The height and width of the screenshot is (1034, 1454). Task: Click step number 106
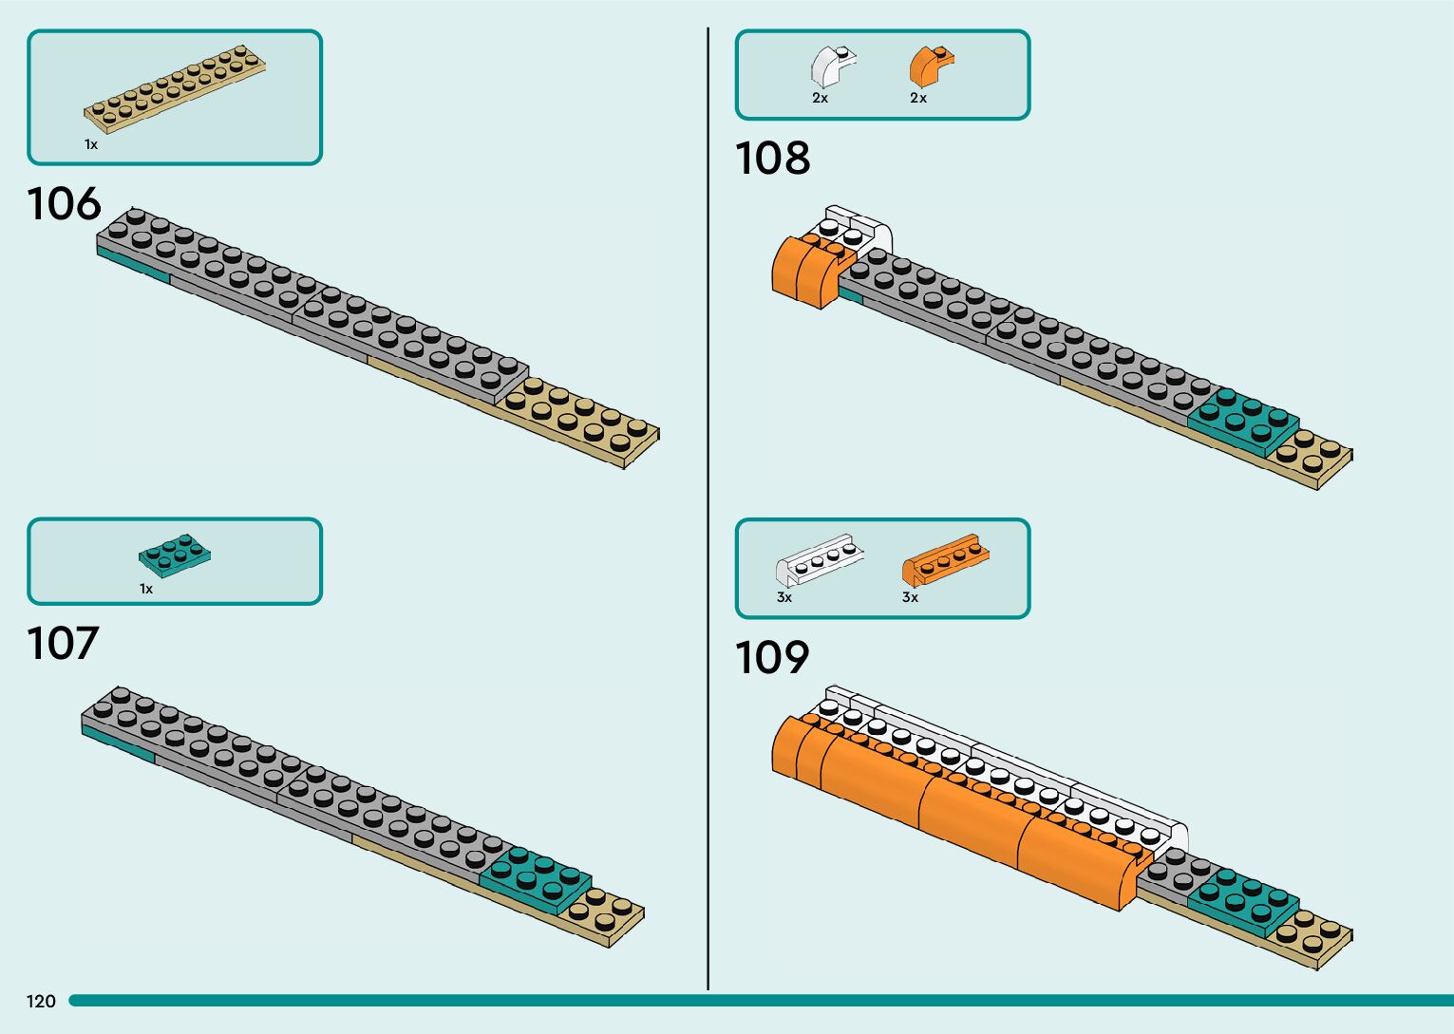(64, 204)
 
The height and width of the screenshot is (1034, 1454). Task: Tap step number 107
(63, 644)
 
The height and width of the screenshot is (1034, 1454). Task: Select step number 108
(772, 159)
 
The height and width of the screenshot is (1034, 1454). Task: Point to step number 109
(772, 657)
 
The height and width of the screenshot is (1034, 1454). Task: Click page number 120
(41, 1001)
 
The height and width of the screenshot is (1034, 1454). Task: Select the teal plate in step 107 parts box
(174, 555)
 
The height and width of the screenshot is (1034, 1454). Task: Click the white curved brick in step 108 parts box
(832, 66)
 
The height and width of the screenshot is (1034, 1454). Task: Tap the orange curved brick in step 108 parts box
(931, 66)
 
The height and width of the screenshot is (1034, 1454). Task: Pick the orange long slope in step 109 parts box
(945, 560)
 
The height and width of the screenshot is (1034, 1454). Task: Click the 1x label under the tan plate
(91, 144)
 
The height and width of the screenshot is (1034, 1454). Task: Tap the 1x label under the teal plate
(146, 589)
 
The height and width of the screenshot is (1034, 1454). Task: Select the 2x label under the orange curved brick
(918, 98)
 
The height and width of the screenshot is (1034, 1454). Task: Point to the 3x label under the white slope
(784, 597)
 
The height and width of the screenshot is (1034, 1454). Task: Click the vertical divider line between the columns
(708, 513)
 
